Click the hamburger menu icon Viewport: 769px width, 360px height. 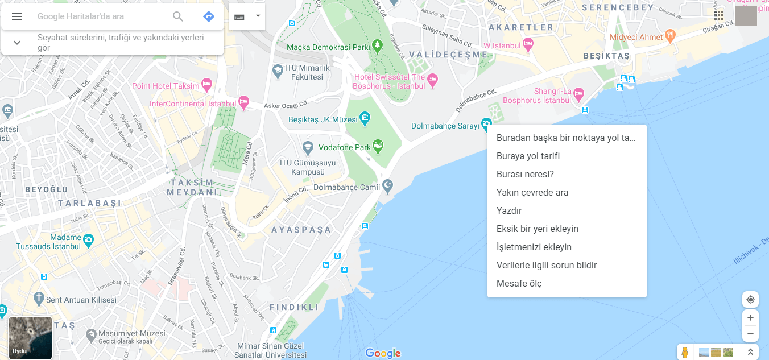click(17, 16)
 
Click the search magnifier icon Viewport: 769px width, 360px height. click(178, 16)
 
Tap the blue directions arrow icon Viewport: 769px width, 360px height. click(209, 16)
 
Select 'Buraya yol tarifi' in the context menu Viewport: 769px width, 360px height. click(528, 156)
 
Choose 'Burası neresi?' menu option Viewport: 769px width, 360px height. click(525, 174)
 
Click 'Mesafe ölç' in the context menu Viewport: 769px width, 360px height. click(519, 283)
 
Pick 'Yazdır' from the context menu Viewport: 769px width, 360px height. click(509, 210)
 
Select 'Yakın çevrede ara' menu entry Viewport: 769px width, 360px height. click(532, 192)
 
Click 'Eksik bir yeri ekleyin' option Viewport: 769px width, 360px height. click(537, 229)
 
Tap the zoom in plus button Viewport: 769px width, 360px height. click(750, 318)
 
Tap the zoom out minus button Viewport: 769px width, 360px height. click(750, 333)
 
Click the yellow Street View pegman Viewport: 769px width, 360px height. click(685, 353)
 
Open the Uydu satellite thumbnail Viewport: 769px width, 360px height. click(31, 338)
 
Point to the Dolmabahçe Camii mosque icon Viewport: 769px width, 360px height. click(387, 185)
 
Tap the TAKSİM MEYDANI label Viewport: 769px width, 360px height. click(192, 187)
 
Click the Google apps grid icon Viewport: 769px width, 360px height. click(719, 15)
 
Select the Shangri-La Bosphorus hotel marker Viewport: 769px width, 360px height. click(578, 93)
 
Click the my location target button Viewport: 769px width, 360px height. click(750, 300)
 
